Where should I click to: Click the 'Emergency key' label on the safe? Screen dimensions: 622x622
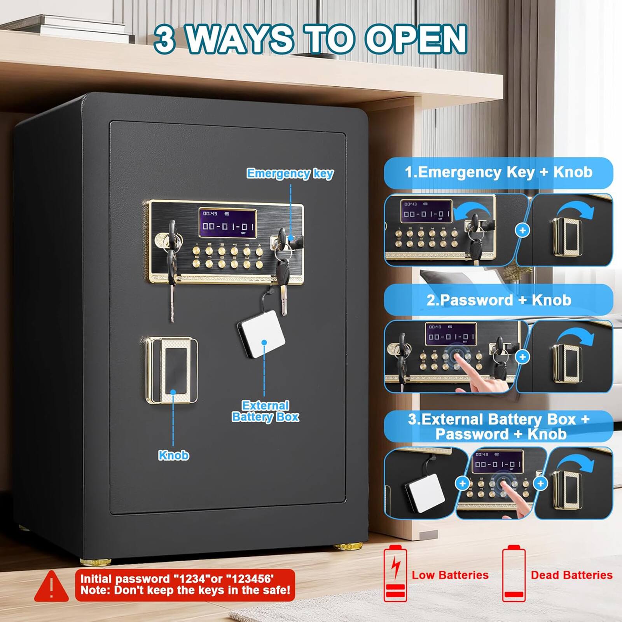(x=290, y=173)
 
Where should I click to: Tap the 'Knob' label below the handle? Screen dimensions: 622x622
(x=173, y=455)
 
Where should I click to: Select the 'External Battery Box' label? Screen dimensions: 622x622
(x=266, y=411)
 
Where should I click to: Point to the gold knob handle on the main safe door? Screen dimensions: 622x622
(x=171, y=370)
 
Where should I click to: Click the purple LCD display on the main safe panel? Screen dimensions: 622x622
(x=227, y=223)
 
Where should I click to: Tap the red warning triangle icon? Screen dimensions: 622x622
(x=51, y=586)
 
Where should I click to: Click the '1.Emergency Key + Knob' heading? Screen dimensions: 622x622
(x=498, y=172)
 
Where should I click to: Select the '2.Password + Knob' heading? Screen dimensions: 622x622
(x=498, y=300)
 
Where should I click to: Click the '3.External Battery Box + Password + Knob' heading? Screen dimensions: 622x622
(x=498, y=426)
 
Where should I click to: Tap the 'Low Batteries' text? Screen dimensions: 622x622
(x=450, y=575)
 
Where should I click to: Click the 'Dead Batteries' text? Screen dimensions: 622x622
(x=571, y=575)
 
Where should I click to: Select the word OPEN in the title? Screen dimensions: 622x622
(x=415, y=39)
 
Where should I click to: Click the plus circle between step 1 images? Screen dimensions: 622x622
(x=522, y=231)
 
